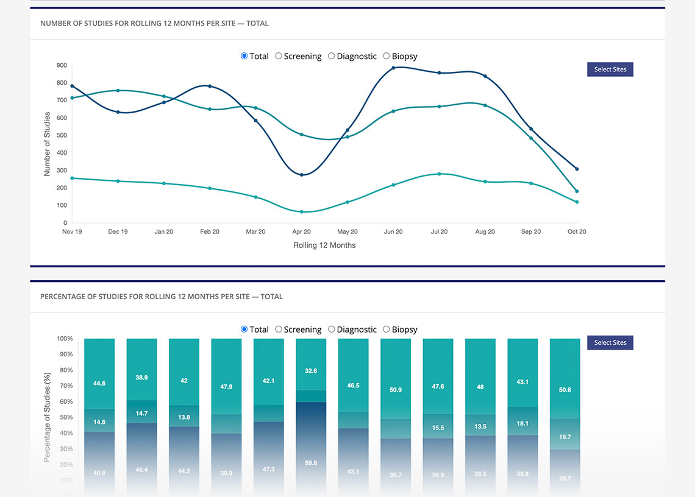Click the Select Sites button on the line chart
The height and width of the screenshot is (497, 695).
coord(610,69)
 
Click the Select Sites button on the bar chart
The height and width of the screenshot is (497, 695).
coord(610,343)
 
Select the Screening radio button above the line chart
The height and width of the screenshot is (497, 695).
coord(279,56)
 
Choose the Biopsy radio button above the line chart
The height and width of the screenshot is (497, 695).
coord(387,56)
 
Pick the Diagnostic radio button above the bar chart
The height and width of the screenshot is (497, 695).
coord(332,330)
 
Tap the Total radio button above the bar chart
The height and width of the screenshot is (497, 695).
coord(244,330)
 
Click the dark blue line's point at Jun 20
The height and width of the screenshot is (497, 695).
coord(393,68)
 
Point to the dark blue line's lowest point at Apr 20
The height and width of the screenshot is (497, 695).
coord(301,175)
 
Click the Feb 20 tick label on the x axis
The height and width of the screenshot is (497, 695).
coord(210,232)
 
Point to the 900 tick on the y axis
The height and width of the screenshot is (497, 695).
coord(62,65)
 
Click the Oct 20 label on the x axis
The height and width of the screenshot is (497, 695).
coord(576,232)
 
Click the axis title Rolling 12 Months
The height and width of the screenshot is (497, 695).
coord(324,245)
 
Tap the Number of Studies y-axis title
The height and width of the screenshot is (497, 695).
coord(47,144)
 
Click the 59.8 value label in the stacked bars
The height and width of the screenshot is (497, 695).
coord(311,463)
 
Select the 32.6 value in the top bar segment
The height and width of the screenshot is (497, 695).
coord(311,371)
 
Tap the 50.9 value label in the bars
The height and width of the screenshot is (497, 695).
coord(396,390)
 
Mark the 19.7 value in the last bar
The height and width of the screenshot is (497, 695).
coord(565,437)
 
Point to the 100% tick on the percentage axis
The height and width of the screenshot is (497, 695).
coord(65,339)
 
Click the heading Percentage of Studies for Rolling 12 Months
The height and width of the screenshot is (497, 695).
coord(162,297)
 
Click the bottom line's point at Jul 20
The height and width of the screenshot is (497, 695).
coord(439,174)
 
